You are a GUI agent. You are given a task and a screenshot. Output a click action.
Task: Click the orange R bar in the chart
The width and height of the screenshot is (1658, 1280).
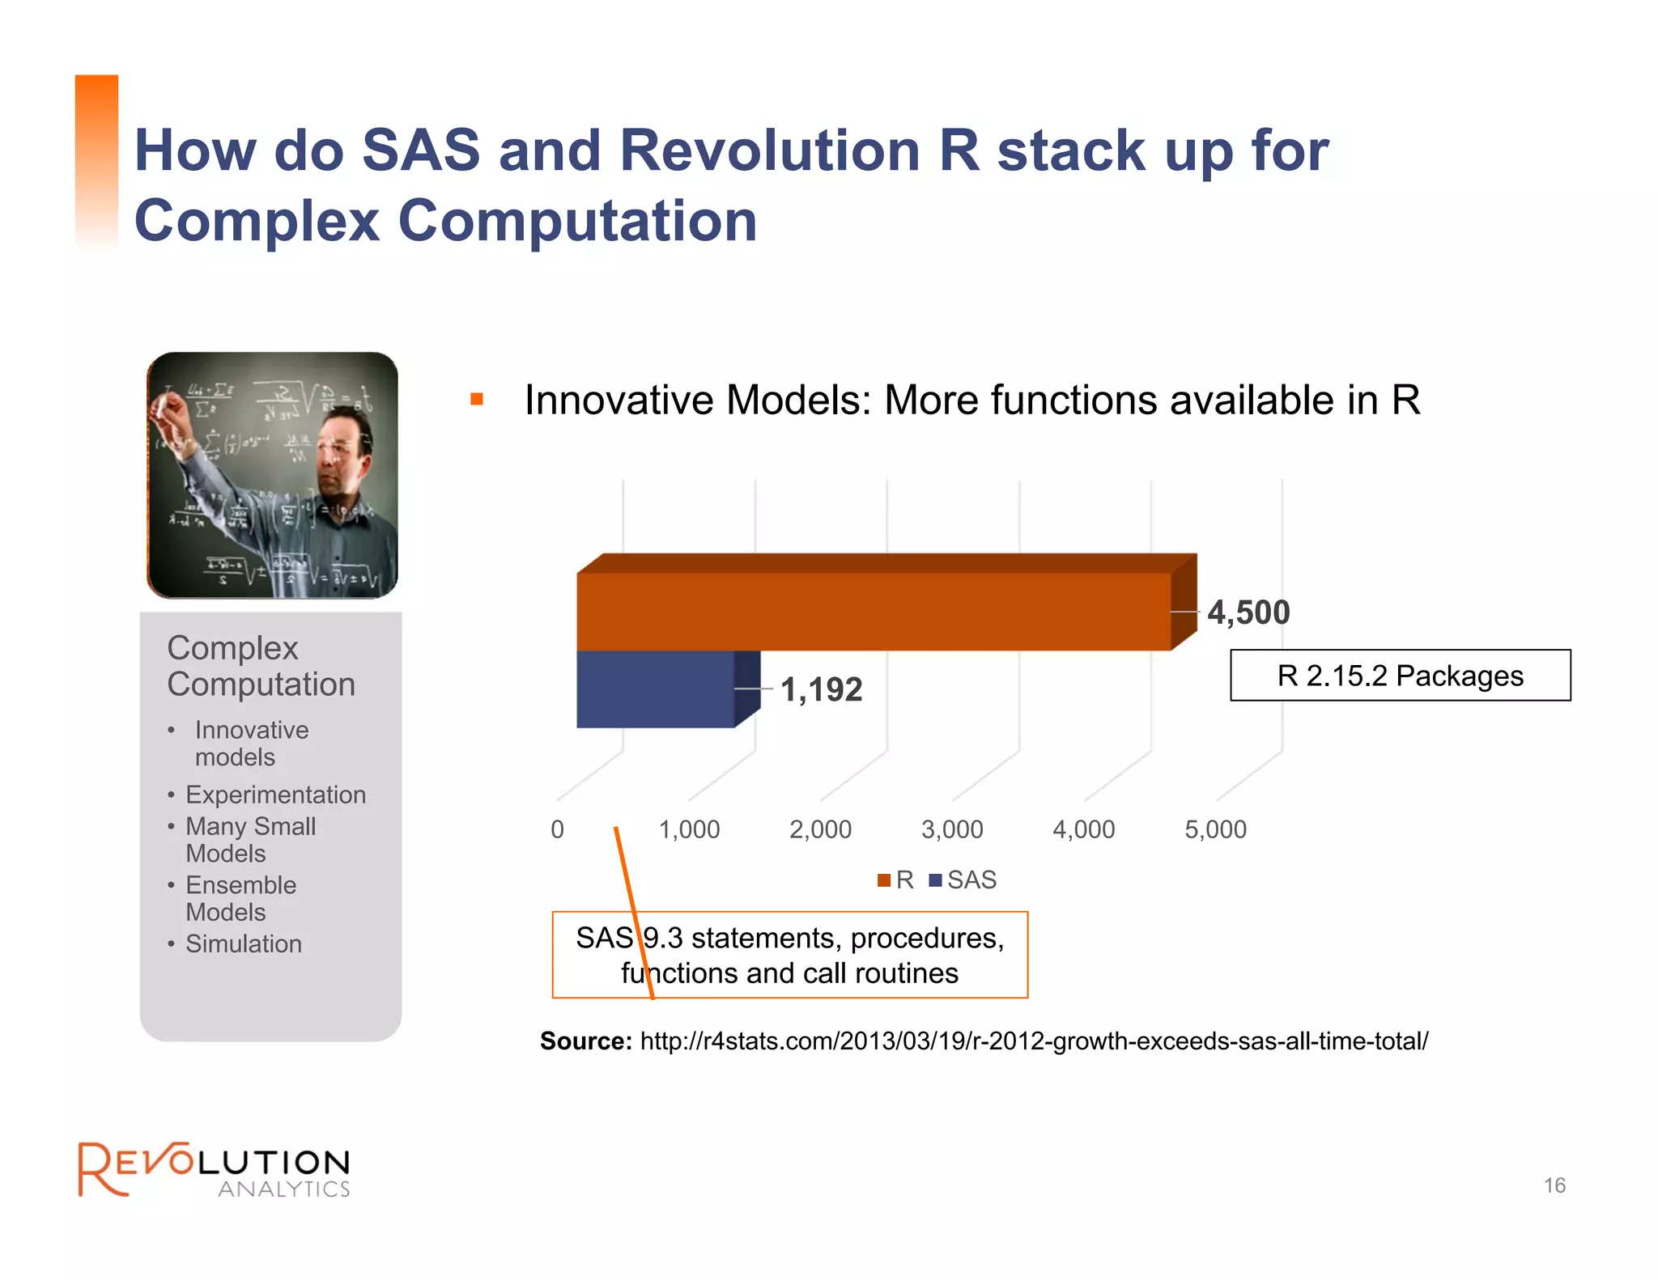point(874,611)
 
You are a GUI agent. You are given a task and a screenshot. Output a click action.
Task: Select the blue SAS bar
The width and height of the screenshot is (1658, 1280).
point(656,689)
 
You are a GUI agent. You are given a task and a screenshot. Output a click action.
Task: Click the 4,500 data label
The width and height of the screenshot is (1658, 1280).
point(1248,612)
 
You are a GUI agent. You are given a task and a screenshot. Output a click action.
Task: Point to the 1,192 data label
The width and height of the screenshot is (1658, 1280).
point(821,689)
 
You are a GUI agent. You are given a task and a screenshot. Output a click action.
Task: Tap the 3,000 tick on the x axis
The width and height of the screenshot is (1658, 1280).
point(952,829)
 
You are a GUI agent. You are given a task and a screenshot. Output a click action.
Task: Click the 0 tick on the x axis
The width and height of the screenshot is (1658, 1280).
point(557,829)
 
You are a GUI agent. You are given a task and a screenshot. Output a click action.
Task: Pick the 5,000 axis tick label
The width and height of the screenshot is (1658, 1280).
point(1215,829)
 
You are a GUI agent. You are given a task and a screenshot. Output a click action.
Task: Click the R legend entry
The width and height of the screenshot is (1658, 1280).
point(896,879)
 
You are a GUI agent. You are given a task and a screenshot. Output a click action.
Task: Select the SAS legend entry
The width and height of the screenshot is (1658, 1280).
point(963,879)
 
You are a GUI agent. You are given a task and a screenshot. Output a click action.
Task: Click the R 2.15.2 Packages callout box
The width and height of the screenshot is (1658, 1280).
point(1400,676)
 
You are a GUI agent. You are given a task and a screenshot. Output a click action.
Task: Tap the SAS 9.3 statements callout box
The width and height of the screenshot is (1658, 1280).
point(789,955)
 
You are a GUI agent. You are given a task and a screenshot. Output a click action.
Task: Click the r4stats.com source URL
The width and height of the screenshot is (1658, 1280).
point(1034,1041)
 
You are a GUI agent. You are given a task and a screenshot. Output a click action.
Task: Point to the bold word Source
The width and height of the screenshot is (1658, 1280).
point(585,1041)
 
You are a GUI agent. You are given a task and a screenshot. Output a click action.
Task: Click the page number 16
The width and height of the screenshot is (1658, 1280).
point(1554,1185)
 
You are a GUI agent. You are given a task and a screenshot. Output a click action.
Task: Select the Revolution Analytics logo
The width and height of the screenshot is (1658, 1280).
point(214,1169)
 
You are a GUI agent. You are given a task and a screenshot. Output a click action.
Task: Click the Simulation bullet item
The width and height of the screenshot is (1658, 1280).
point(243,943)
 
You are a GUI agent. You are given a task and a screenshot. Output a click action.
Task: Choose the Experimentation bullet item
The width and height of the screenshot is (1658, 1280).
point(275,795)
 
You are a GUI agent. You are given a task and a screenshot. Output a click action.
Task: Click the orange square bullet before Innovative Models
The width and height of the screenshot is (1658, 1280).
point(477,399)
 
